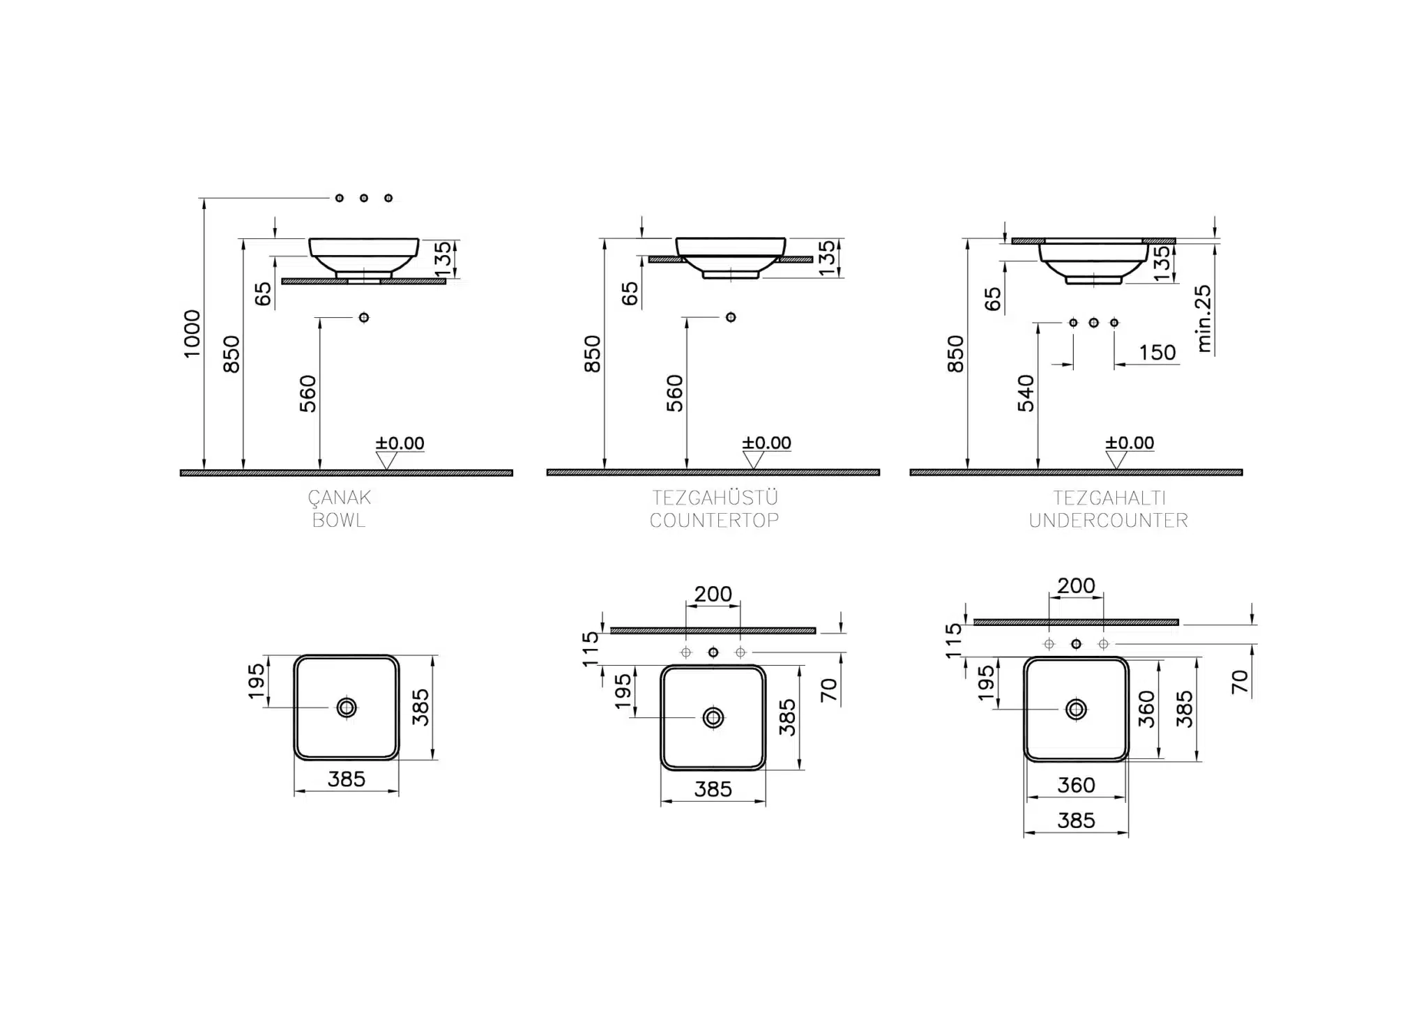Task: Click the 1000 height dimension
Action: tap(192, 334)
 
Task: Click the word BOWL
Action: tap(339, 520)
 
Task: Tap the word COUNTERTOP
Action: tap(714, 520)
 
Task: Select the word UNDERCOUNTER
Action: tap(1108, 520)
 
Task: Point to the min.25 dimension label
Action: tap(1203, 319)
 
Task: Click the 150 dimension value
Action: tap(1157, 353)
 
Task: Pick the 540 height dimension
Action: tap(1026, 393)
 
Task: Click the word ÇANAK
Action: tap(340, 497)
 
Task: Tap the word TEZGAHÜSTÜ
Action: tap(715, 497)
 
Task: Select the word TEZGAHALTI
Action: tap(1109, 498)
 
